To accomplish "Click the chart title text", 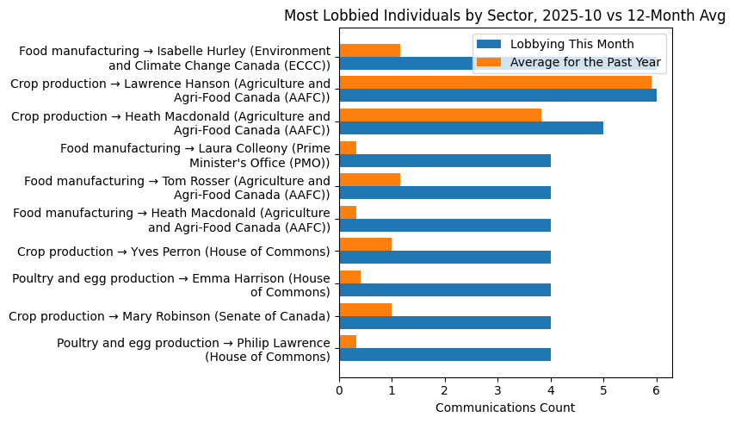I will (504, 16).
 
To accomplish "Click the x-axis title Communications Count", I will (505, 407).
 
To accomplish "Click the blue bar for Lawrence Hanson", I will (497, 96).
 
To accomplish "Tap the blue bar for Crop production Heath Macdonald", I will (471, 128).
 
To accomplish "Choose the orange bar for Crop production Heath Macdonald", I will (440, 115).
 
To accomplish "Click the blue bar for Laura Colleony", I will (445, 160).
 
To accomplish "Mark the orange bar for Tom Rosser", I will (369, 180).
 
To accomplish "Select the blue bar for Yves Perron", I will (445, 258).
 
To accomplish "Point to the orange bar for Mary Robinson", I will (365, 309).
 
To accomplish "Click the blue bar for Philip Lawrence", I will (445, 355).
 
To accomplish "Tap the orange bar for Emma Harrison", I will (349, 277).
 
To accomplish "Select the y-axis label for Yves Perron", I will (174, 252).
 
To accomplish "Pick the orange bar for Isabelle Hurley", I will (369, 50).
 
